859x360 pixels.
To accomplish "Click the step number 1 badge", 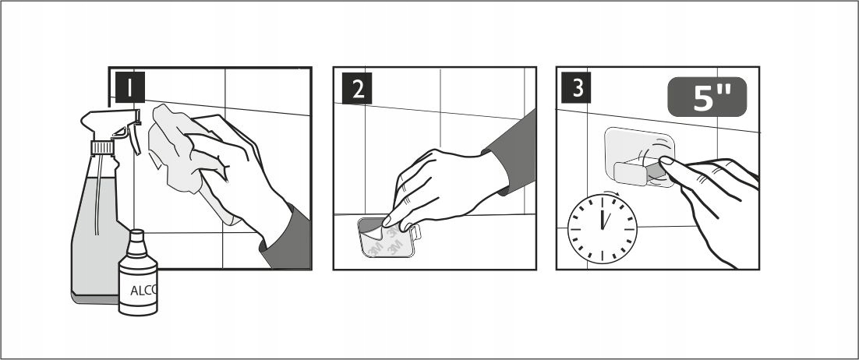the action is coord(130,87).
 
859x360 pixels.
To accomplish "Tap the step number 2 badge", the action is coord(357,88).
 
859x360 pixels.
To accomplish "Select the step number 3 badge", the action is coord(576,88).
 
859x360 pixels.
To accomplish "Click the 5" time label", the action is coord(707,97).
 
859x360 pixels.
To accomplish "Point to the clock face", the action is coord(602,229).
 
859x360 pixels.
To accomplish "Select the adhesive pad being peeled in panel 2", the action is coord(388,237).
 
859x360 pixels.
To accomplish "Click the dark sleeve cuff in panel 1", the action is coord(287,241).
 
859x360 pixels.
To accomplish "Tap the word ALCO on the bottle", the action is coord(143,291).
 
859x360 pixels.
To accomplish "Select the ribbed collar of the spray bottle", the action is coord(102,147).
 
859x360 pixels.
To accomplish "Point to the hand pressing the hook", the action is coord(712,203).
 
